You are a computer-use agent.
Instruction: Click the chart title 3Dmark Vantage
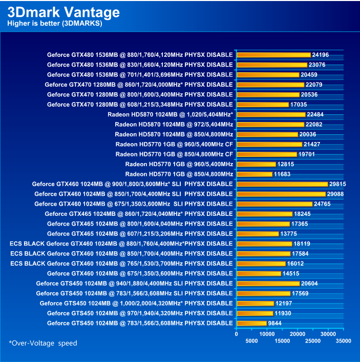[x=64, y=12]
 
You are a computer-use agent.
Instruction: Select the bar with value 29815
[x=282, y=184]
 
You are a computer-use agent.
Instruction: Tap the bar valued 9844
[x=251, y=323]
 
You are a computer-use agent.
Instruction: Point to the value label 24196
[x=320, y=55]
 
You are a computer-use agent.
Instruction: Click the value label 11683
[x=282, y=174]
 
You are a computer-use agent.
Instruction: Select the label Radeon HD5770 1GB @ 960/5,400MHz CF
[x=174, y=144]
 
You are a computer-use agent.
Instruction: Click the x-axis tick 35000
[x=344, y=340]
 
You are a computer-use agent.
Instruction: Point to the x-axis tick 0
[x=236, y=333]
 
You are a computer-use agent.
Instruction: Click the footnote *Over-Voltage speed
[x=43, y=343]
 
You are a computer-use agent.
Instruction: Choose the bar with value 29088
[x=281, y=194]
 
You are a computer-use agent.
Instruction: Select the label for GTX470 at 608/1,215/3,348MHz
[x=140, y=105]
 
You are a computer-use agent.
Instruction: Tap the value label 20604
[x=309, y=284]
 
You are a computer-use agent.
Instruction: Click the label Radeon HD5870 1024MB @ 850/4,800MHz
[x=174, y=134]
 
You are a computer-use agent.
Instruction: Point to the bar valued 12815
[x=256, y=164]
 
